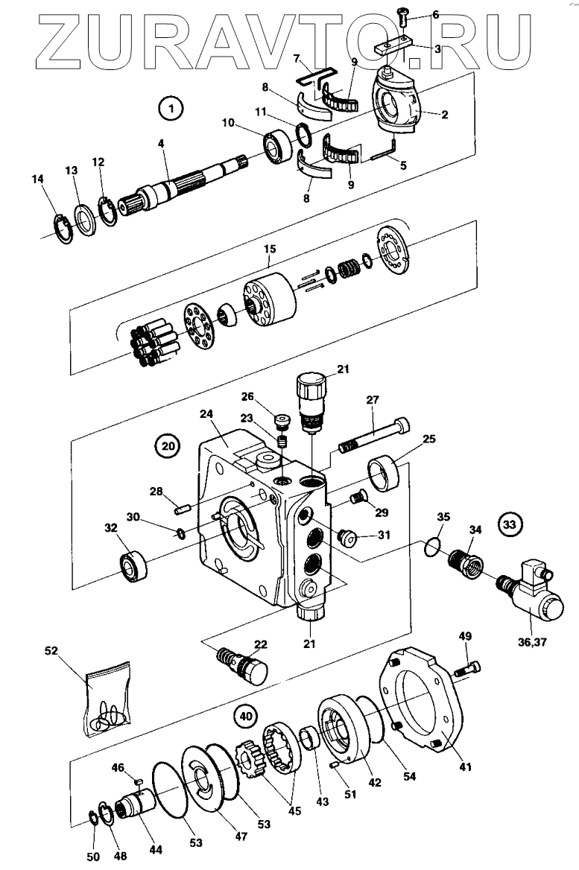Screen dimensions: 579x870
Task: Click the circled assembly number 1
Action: [x=171, y=108]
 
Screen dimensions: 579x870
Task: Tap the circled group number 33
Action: [x=509, y=524]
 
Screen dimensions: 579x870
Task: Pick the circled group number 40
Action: [x=246, y=717]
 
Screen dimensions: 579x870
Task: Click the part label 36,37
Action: [x=532, y=642]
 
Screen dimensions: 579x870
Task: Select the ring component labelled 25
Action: [x=384, y=471]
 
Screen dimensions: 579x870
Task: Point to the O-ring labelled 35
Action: [x=434, y=545]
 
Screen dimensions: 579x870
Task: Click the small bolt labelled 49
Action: [x=467, y=668]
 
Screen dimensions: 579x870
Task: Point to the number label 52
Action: [x=51, y=650]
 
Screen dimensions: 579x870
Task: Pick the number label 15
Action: [x=270, y=249]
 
